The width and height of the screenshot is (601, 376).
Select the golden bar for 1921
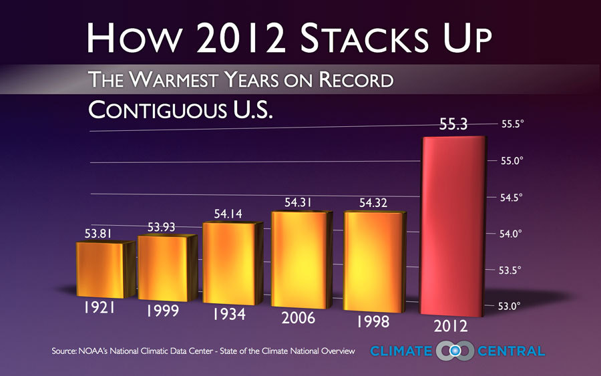[105, 270]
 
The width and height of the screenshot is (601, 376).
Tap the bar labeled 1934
[228, 262]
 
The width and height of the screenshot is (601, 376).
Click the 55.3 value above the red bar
[453, 125]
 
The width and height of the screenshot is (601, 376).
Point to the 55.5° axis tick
[514, 124]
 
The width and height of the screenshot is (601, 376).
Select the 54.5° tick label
[514, 197]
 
